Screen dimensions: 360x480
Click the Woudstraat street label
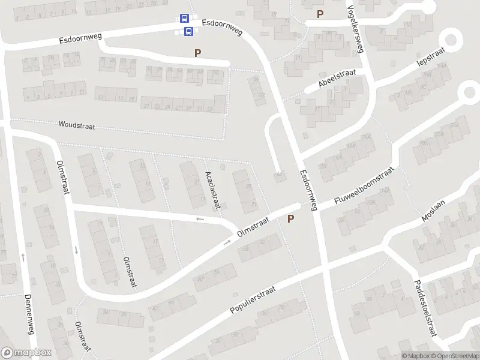click(77, 125)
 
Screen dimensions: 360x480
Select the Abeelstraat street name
click(338, 79)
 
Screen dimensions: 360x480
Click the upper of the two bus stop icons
click(184, 19)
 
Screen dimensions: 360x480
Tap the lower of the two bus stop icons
click(188, 31)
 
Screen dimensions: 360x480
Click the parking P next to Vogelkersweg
click(320, 14)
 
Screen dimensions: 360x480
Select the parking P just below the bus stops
click(197, 53)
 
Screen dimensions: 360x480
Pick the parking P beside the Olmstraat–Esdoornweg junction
click(291, 219)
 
